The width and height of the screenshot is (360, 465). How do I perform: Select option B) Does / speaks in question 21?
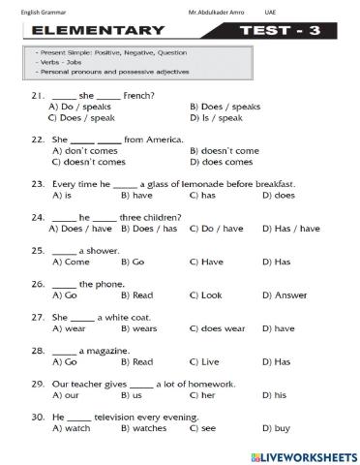point(224,107)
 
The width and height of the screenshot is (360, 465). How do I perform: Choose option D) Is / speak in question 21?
point(217,117)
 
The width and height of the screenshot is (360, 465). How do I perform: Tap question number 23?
point(38,184)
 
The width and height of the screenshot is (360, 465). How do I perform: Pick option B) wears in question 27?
point(143,328)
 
